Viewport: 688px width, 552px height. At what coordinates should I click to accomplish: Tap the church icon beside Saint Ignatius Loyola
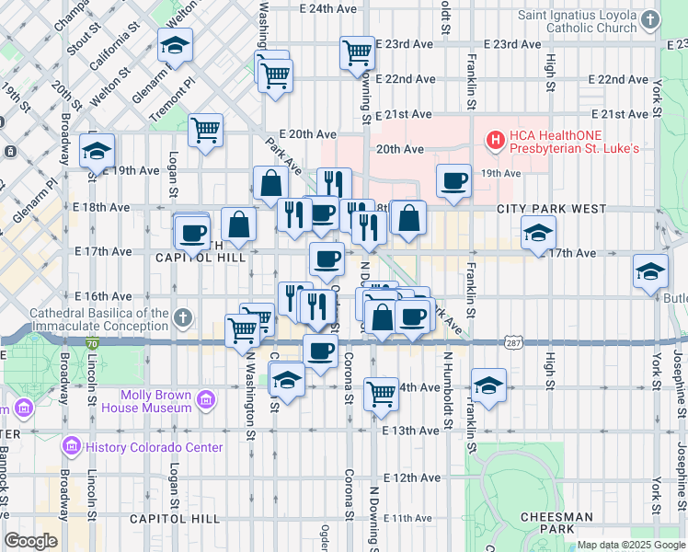click(x=650, y=19)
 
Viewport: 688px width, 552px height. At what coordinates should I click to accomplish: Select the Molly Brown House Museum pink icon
click(x=206, y=400)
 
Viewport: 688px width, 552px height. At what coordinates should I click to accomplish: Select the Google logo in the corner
click(x=30, y=541)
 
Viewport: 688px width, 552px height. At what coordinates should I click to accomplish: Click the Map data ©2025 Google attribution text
click(x=631, y=545)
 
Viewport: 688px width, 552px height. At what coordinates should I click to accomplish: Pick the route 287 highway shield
click(x=514, y=342)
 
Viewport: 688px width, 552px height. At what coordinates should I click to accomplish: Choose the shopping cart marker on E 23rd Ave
click(x=357, y=52)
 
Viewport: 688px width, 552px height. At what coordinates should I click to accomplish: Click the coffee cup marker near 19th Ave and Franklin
click(x=453, y=180)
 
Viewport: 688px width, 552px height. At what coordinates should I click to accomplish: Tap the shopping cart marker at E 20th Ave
click(x=206, y=129)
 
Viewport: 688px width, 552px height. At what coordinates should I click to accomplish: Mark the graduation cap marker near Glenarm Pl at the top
click(x=175, y=44)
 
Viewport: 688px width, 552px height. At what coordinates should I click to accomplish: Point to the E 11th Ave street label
click(x=411, y=519)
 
